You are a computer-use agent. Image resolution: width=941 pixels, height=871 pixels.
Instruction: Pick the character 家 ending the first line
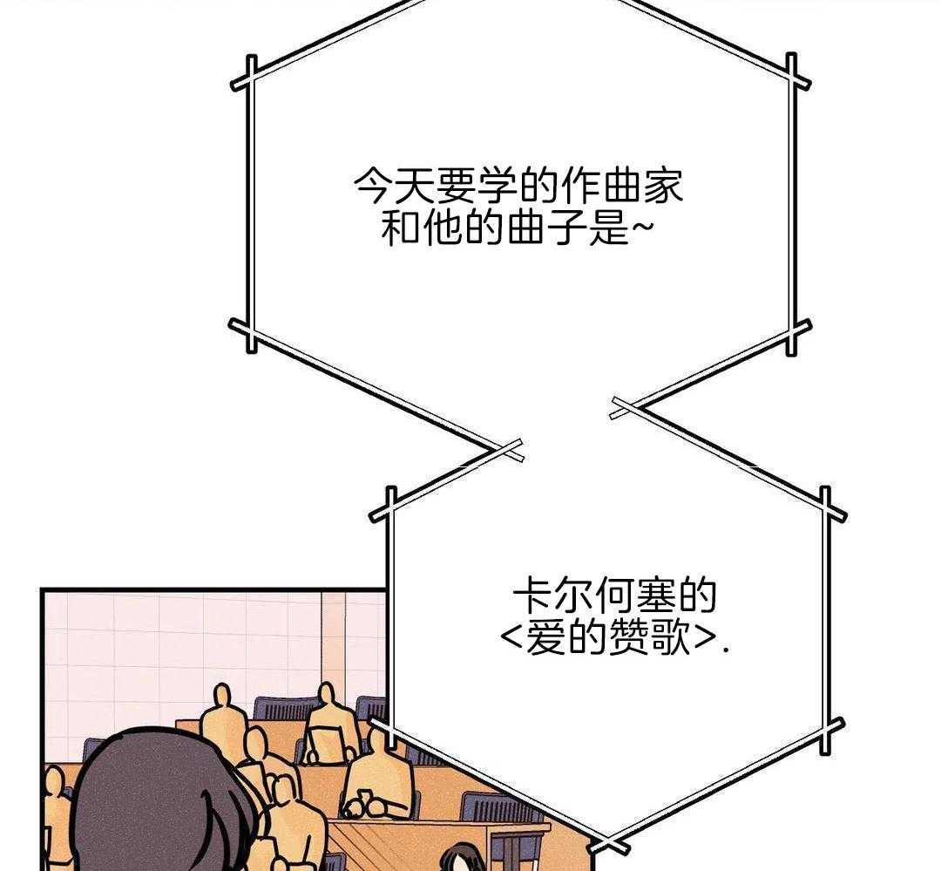pyautogui.click(x=664, y=187)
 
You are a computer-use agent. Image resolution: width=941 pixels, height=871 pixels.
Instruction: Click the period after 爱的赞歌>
pyautogui.click(x=728, y=650)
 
